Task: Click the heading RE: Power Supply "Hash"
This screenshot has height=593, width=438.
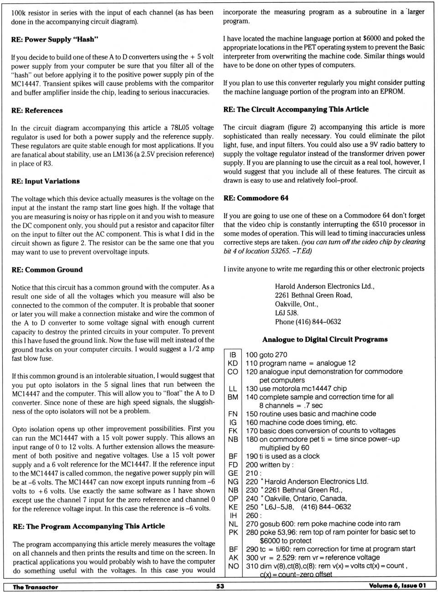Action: pos(54,39)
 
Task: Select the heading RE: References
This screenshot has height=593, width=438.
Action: pos(37,110)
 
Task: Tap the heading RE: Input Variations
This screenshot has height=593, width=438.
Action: pos(45,181)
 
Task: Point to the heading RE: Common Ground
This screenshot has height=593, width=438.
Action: pos(47,270)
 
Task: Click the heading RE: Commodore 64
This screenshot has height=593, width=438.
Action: pos(255,198)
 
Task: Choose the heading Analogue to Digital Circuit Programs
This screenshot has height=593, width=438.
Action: pos(325,339)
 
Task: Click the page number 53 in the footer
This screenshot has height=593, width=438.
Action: pos(220,586)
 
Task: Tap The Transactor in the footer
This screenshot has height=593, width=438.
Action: pos(35,587)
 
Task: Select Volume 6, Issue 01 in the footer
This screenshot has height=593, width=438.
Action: pos(397,586)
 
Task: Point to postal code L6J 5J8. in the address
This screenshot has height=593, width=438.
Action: pos(287,313)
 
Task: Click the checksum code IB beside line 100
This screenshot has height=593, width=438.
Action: pos(233,355)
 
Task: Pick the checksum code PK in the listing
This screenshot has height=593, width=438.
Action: pos(233,532)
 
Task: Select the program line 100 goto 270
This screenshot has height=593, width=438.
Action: pos(266,355)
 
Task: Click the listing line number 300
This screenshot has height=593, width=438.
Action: pos(252,557)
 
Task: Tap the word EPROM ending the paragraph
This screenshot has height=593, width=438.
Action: pos(392,91)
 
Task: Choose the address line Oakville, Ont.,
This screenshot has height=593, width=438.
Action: pos(296,304)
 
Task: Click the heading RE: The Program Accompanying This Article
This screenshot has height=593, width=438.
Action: pos(89,526)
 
